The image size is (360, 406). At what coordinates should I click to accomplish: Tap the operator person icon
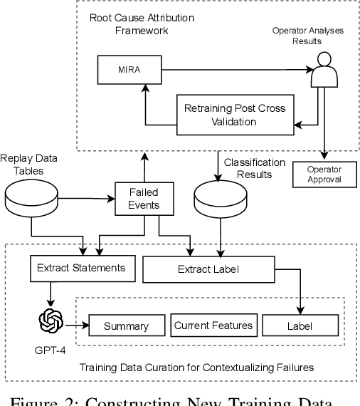click(324, 68)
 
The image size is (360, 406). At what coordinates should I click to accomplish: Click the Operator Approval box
click(324, 174)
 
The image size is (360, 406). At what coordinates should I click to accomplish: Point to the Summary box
click(125, 326)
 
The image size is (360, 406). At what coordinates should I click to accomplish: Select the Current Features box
click(213, 326)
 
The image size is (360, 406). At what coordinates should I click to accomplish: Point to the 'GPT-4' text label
click(52, 349)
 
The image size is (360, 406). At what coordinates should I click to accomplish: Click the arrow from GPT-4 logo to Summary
click(78, 326)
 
